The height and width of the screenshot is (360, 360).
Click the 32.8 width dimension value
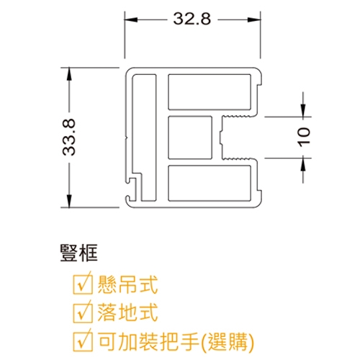192,19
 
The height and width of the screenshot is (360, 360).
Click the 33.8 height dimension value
69,138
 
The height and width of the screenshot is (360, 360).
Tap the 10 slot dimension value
304,137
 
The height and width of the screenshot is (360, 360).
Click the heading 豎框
79,253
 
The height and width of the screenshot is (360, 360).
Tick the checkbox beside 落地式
83,312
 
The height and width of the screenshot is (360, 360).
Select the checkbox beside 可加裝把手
83,341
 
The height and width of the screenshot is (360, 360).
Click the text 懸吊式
127,284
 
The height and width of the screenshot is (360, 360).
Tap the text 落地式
127,312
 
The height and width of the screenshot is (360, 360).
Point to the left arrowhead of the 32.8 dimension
131,19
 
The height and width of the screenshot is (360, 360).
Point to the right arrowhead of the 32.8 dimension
254,19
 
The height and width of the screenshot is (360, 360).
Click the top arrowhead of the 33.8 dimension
69,74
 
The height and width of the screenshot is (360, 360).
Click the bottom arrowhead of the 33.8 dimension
69,201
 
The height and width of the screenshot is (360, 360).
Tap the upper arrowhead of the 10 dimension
303,111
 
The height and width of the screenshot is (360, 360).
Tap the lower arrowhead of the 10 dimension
303,165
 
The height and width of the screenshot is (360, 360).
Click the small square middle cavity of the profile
190,138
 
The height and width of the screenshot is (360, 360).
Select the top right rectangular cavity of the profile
210,92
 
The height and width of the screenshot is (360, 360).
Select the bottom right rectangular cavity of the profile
210,183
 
